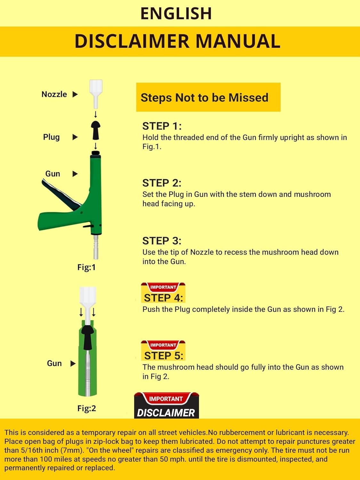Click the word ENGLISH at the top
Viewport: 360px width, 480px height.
[176, 13]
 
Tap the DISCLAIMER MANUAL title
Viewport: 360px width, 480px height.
[177, 41]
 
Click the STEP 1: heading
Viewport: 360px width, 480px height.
[162, 126]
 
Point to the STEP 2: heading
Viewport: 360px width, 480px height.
[162, 183]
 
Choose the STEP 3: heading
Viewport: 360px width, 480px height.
[162, 241]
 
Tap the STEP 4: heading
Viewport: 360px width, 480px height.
[163, 298]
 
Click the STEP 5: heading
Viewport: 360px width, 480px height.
[164, 356]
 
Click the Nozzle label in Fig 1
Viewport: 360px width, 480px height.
[54, 94]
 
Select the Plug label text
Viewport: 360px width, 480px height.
[51, 137]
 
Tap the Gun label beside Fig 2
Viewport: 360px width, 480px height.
[54, 364]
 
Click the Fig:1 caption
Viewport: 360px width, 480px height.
[86, 267]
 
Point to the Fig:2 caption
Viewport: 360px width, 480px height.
[86, 408]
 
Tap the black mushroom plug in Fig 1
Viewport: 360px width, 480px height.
[96, 130]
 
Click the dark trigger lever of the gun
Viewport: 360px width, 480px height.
[61, 194]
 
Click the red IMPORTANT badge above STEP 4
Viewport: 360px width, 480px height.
[163, 287]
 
